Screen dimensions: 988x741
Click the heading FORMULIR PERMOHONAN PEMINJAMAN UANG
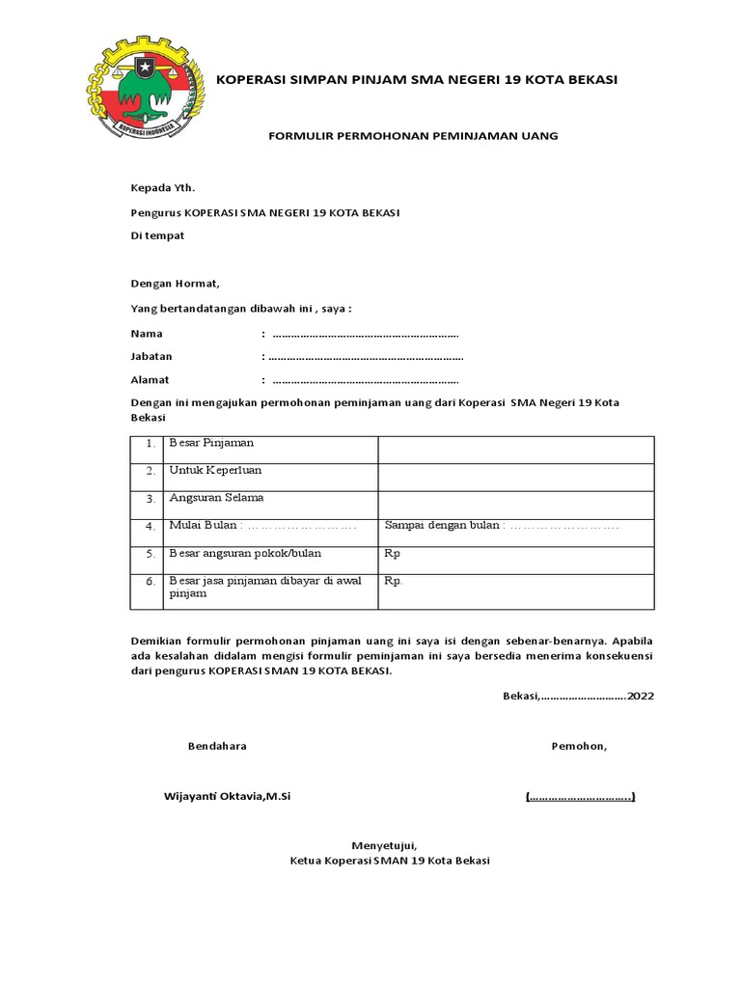pos(412,136)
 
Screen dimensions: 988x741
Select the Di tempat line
pos(157,235)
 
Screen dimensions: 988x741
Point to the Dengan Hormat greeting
pos(175,284)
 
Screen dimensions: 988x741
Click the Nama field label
pos(147,334)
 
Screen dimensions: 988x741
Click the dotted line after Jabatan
pos(366,357)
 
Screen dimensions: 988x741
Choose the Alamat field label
pos(150,380)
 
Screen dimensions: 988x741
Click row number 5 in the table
pos(151,554)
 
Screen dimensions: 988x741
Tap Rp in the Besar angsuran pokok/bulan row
pos(392,554)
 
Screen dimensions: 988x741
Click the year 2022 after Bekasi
pos(640,696)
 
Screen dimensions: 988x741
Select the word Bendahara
pos(217,746)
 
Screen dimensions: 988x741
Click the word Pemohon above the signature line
pos(579,746)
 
